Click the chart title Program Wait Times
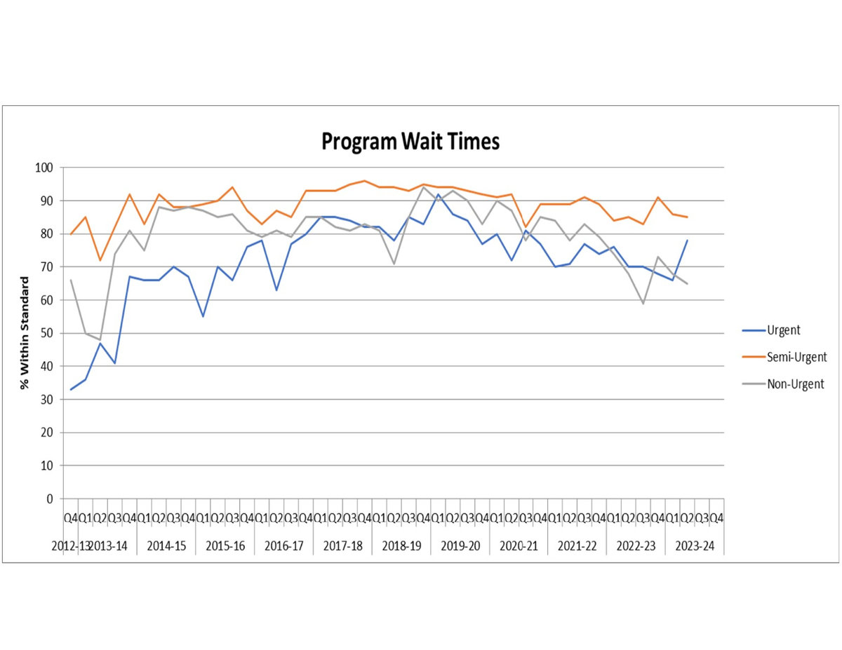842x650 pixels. (x=410, y=142)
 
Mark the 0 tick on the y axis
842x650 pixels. (x=50, y=499)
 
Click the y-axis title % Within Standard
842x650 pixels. (x=25, y=333)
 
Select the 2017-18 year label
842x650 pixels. (x=343, y=547)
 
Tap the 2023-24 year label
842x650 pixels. (x=694, y=547)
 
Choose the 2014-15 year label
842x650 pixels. (x=167, y=547)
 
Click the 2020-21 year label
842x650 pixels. (x=519, y=547)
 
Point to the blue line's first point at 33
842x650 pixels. (x=71, y=389)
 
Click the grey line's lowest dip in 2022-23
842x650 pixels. (x=643, y=303)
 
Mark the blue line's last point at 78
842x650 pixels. (x=687, y=241)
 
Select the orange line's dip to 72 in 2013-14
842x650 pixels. (x=100, y=260)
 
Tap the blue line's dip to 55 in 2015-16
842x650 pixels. (x=203, y=316)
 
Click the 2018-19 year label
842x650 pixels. (x=401, y=547)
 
